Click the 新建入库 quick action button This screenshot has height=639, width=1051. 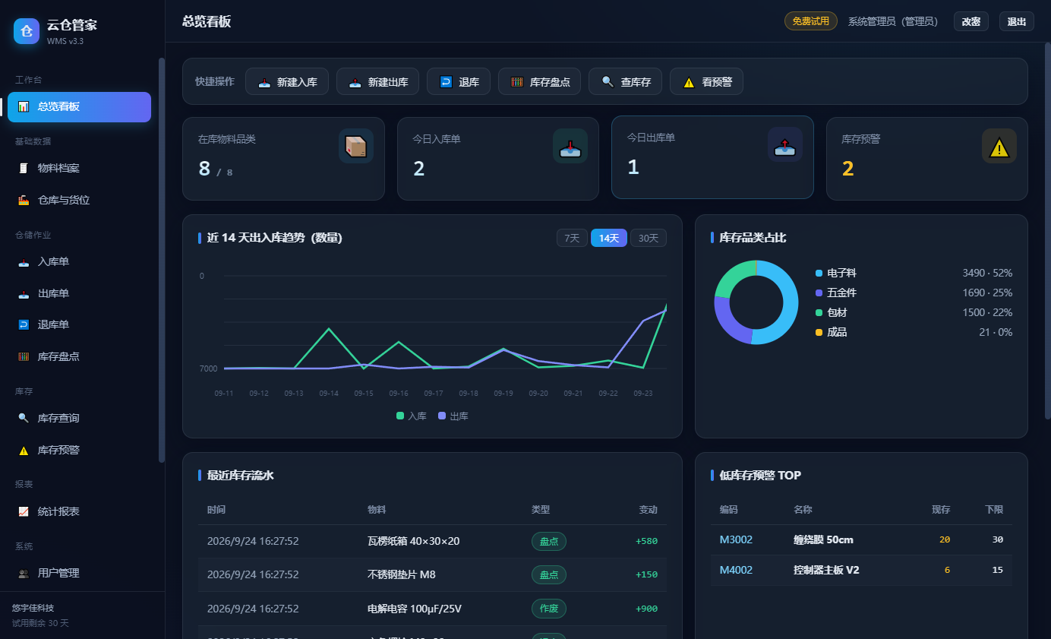(x=287, y=82)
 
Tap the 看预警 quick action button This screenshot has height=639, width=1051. (x=706, y=82)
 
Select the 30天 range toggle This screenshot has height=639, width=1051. (x=648, y=238)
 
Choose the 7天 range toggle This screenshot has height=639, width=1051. (x=572, y=238)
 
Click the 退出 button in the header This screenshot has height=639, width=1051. (x=1016, y=21)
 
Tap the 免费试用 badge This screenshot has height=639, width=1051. (x=810, y=21)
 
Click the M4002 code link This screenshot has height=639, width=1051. (x=736, y=570)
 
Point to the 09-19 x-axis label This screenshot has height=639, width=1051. (x=503, y=394)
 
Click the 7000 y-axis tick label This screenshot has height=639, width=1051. (x=208, y=369)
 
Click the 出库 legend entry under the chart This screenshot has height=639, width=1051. (x=453, y=416)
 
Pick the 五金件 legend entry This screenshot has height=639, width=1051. (x=836, y=293)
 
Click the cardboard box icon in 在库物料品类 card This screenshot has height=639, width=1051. (x=355, y=147)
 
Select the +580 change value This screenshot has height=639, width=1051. (x=646, y=541)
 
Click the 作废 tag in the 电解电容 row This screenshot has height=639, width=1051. (x=548, y=609)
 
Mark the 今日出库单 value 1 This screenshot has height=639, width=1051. (x=633, y=167)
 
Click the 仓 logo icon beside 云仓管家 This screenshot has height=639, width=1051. (x=27, y=31)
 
